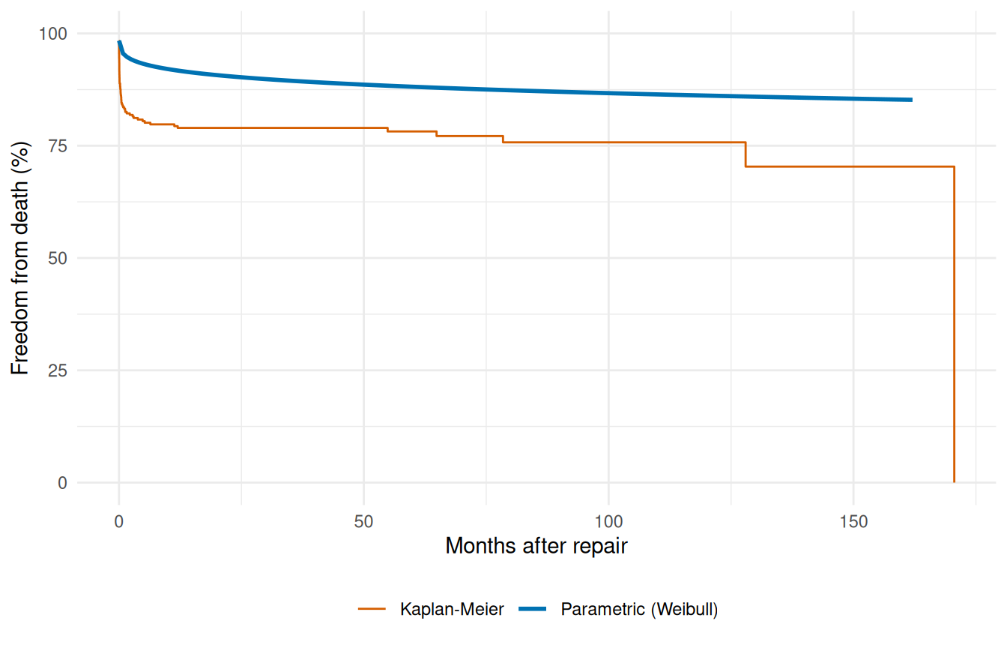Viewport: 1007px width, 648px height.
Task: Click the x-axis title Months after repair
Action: click(536, 545)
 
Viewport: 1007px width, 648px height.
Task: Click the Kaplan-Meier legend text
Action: click(452, 610)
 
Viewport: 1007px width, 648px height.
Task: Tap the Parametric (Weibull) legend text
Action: click(639, 610)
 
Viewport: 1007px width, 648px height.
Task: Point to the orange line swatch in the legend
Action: click(372, 610)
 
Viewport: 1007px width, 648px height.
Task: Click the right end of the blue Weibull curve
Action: click(911, 100)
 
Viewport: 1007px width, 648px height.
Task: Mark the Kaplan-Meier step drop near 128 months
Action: click(746, 154)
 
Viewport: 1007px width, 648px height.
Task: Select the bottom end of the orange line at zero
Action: click(954, 481)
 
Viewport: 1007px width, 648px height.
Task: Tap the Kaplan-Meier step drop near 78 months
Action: click(502, 139)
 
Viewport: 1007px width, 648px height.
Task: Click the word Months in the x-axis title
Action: click(475, 545)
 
